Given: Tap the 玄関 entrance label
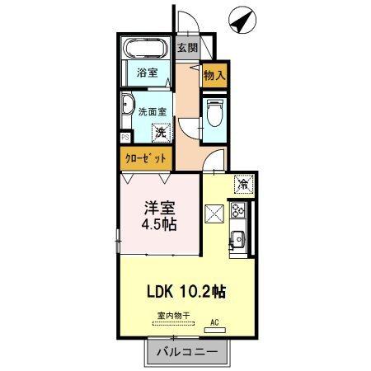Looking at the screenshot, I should pyautogui.click(x=187, y=48).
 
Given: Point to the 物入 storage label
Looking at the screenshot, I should pyautogui.click(x=214, y=74).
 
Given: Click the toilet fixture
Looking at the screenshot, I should pyautogui.click(x=214, y=111).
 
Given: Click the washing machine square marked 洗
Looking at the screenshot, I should pyautogui.click(x=162, y=130).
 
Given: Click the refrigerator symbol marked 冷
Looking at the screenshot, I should pyautogui.click(x=244, y=183).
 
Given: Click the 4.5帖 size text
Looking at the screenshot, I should pyautogui.click(x=162, y=223).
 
